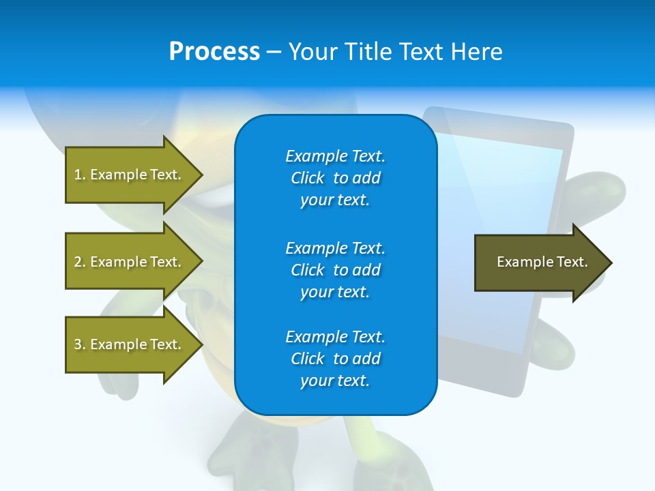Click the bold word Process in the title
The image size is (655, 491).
[214, 51]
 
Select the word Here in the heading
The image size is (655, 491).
[476, 51]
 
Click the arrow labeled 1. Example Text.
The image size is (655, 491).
[134, 175]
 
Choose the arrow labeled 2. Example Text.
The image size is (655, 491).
[134, 261]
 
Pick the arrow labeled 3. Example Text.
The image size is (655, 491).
[134, 344]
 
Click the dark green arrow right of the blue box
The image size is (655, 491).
[543, 263]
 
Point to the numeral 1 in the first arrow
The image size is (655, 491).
[78, 175]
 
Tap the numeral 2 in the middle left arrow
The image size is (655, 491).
[78, 262]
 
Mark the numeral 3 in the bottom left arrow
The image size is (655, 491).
[78, 344]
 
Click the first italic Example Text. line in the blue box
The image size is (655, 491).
[336, 156]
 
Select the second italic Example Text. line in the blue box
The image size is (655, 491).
[336, 248]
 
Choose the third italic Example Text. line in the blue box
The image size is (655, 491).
[336, 337]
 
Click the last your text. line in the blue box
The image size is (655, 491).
[335, 381]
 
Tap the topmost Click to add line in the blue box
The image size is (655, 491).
[336, 178]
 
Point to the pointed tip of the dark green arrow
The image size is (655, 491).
[612, 263]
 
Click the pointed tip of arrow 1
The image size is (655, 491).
[203, 175]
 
